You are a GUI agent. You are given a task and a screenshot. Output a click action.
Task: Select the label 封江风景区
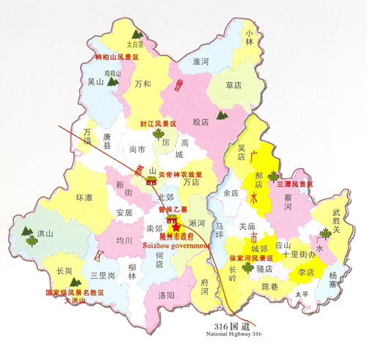point(159,123)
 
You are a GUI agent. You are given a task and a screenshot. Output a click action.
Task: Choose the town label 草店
point(234,85)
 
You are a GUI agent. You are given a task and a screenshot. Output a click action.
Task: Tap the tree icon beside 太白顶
point(137,34)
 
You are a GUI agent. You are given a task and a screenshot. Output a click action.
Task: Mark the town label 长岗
point(65,271)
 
